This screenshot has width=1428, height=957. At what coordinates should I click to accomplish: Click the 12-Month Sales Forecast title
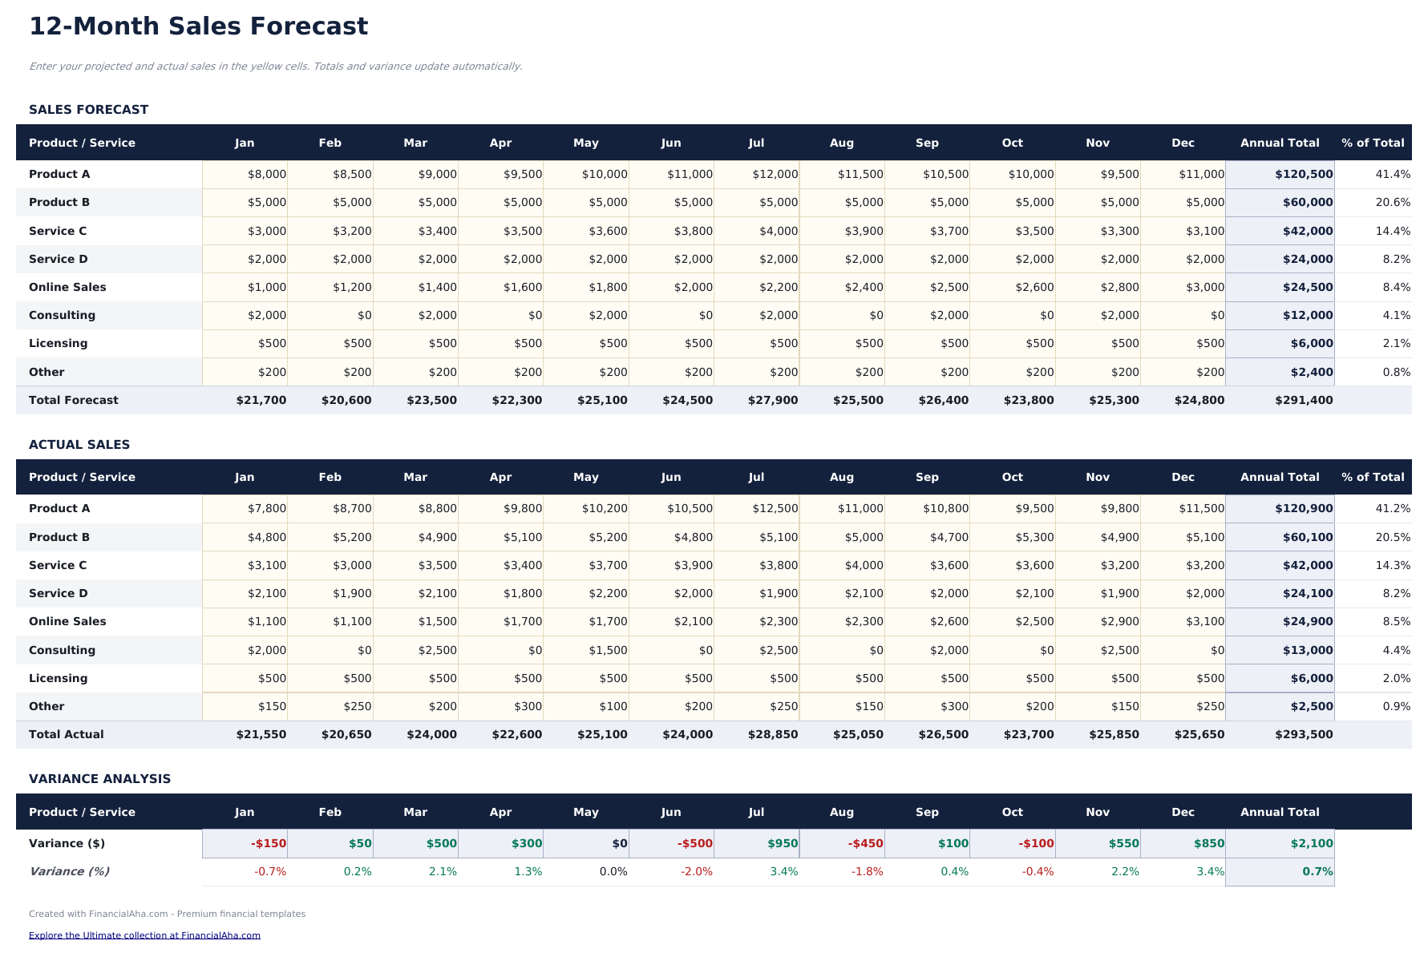(198, 26)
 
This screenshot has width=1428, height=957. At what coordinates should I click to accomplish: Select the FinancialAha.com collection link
(144, 935)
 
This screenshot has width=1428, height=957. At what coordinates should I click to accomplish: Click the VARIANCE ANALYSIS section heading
(99, 779)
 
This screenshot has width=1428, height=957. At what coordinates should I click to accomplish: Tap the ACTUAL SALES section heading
(79, 445)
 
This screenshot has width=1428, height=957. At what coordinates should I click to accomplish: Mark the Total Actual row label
(67, 734)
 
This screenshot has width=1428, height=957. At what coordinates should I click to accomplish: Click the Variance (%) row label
(69, 871)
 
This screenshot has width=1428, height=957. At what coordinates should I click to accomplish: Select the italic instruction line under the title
(275, 67)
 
